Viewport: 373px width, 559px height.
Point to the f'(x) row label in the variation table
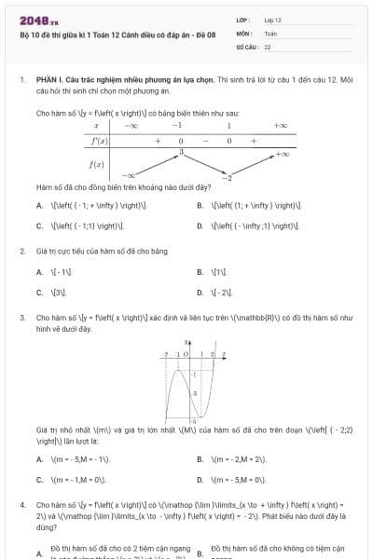(97, 141)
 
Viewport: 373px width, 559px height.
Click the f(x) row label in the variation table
(97, 164)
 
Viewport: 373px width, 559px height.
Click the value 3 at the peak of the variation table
(181, 150)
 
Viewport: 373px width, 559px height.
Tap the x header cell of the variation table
(97, 125)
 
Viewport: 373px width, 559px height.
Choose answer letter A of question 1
(38, 205)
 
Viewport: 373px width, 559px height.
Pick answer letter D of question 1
(200, 225)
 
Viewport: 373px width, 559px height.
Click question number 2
(21, 251)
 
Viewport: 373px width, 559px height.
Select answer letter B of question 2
(200, 272)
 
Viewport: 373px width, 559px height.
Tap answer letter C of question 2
(38, 292)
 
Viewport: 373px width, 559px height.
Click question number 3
(21, 318)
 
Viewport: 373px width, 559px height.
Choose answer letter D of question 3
(200, 480)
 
